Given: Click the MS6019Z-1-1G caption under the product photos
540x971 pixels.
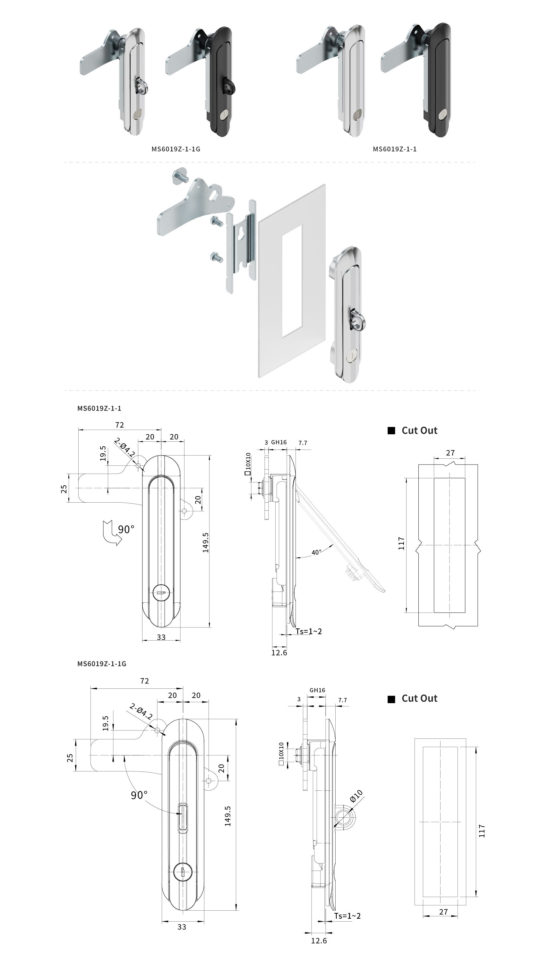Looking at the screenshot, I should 176,149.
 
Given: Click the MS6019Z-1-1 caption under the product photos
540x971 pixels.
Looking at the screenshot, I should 394,149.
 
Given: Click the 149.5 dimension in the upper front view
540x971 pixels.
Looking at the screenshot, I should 206,542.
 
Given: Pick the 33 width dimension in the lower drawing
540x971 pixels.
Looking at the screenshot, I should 182,927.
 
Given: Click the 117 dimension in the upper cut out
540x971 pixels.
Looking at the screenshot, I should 401,543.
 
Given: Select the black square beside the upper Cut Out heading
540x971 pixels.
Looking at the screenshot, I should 391,430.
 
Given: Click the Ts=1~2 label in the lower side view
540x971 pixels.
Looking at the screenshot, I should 347,916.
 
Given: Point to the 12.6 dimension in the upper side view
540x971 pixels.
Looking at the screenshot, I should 279,652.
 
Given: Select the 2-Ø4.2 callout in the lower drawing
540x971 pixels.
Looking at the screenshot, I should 141,711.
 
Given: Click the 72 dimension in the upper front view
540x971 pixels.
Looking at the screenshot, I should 120,425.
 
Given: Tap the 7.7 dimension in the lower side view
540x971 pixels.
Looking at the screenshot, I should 342,700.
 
